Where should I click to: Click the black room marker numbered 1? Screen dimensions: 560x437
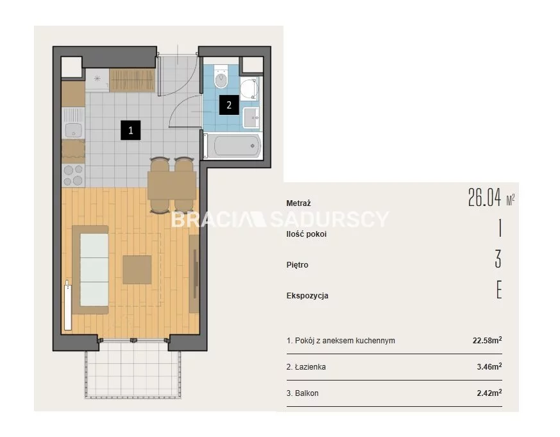point(130,130)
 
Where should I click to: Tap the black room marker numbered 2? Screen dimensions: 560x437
point(229,105)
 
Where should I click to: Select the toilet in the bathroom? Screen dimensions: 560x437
point(221,76)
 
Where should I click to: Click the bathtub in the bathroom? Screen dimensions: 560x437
point(233,146)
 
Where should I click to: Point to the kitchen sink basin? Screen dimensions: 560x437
point(73,130)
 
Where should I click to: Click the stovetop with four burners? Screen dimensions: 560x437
point(73,175)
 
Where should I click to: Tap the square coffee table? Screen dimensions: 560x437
point(137,270)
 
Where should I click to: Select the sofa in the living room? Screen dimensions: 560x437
point(90,270)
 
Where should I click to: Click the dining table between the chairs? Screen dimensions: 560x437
point(172,185)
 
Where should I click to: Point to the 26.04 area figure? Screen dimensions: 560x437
point(485,198)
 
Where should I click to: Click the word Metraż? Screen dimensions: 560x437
point(298,203)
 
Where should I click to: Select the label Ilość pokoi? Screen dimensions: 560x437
point(307,234)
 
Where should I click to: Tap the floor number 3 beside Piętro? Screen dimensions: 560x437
point(498,259)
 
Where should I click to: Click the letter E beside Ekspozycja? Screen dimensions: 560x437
point(499,290)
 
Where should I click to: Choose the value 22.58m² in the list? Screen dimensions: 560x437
point(487,340)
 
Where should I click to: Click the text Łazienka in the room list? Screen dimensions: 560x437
point(310,366)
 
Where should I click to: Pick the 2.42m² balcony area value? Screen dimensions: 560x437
point(489,393)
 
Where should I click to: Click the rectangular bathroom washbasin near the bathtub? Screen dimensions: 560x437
point(252,117)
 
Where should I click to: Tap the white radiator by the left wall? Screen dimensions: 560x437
point(67,306)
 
